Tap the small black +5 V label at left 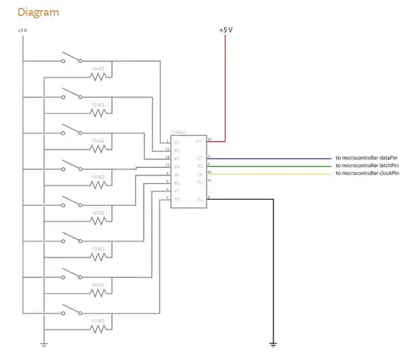[22, 30]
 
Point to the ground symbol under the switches [45, 345]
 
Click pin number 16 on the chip [209, 140]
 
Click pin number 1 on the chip [167, 142]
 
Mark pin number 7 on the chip [167, 198]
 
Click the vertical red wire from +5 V [225, 84]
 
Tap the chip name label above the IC [178, 131]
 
